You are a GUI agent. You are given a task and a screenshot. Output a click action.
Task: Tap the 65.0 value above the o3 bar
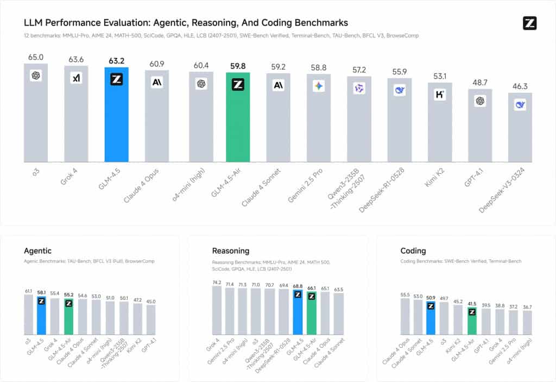36,57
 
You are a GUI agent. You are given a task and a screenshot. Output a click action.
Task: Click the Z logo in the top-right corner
529,23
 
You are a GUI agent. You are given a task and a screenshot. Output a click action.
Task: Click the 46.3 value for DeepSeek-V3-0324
520,86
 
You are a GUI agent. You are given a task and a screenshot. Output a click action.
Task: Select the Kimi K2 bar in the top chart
440,128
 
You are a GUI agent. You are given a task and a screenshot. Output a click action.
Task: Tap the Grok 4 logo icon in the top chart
76,79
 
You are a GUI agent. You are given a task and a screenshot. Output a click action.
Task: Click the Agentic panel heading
38,251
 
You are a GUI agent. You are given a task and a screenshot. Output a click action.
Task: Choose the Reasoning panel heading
231,251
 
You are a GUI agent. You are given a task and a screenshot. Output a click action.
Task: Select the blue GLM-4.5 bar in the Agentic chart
42,318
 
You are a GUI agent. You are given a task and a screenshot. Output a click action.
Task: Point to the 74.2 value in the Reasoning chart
217,283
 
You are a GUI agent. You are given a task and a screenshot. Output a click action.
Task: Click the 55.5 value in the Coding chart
405,295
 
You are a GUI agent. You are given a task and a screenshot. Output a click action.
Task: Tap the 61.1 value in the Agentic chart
29,291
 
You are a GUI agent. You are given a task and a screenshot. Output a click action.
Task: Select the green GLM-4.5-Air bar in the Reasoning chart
311,315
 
